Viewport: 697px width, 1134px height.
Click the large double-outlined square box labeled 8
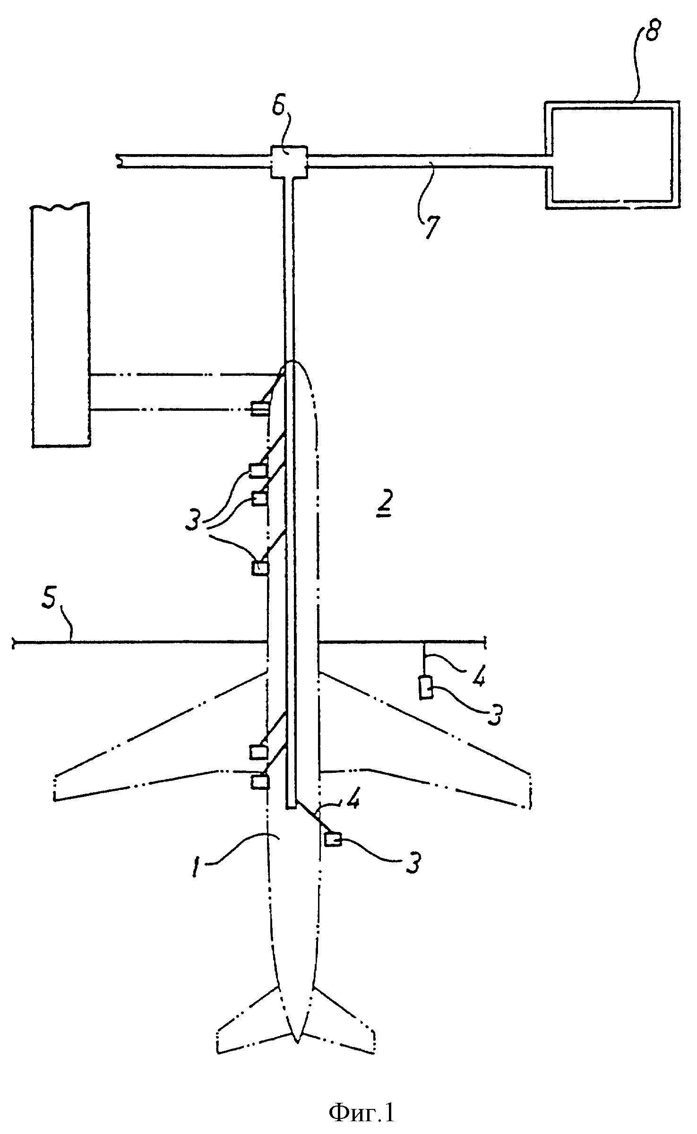(612, 155)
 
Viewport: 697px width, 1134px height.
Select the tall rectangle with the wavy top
(60, 324)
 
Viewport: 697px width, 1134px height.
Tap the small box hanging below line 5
(426, 686)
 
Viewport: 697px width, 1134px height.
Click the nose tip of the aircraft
(293, 362)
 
